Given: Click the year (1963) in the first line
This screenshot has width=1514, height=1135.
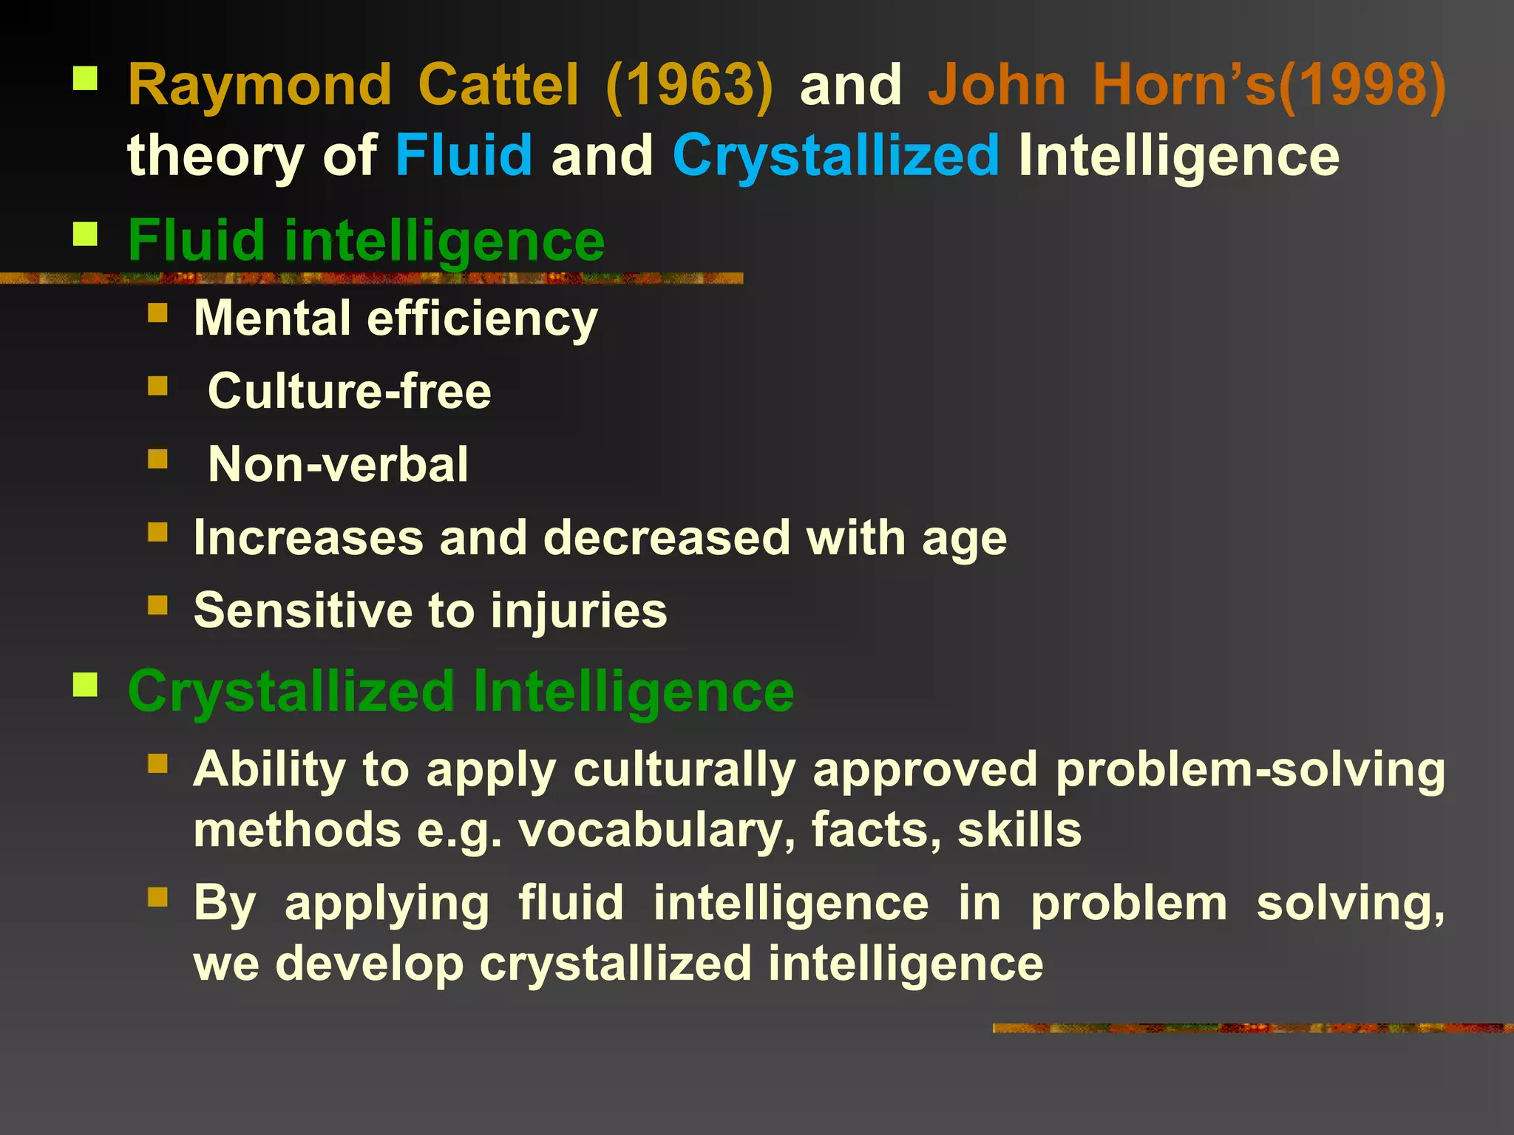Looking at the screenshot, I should pyautogui.click(x=689, y=86).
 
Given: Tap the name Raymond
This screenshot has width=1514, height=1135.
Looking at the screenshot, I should pyautogui.click(x=259, y=86).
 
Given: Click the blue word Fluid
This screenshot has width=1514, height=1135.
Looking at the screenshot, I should pyautogui.click(x=464, y=156).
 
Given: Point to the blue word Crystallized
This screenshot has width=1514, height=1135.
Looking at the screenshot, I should pyautogui.click(x=835, y=156).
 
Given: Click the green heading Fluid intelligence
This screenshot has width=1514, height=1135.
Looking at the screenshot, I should pyautogui.click(x=366, y=241).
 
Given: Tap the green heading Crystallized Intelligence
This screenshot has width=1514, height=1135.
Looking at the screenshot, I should pyautogui.click(x=461, y=692).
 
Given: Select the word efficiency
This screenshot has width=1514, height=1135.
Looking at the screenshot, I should pyautogui.click(x=482, y=319).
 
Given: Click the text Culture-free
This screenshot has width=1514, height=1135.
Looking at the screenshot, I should pyautogui.click(x=349, y=391).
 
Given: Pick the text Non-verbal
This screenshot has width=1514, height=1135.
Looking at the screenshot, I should pyautogui.click(x=338, y=464).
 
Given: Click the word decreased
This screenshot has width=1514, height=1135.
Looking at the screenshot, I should pyautogui.click(x=668, y=537).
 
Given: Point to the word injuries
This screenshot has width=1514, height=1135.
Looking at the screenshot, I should pyautogui.click(x=578, y=610).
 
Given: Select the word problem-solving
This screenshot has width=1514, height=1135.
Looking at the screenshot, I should pyautogui.click(x=1249, y=770).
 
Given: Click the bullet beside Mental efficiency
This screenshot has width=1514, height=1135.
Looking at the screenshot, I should pyautogui.click(x=158, y=313).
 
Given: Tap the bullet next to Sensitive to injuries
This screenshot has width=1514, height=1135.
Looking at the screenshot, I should pyautogui.click(x=158, y=605).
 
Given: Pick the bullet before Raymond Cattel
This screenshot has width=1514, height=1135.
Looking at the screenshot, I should pyautogui.click(x=86, y=78).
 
